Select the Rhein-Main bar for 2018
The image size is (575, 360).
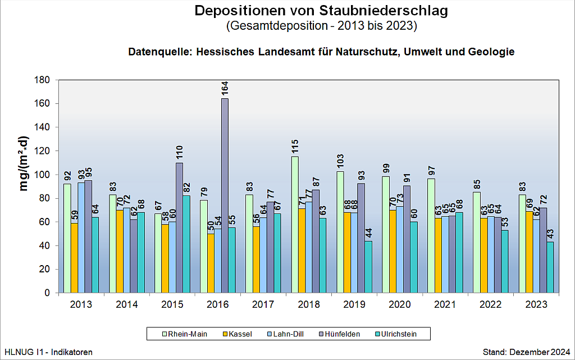click(x=295, y=225)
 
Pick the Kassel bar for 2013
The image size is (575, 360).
click(x=74, y=258)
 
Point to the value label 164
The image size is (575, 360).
click(x=225, y=89)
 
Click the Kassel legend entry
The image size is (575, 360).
click(x=236, y=334)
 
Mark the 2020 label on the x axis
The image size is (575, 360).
click(x=400, y=304)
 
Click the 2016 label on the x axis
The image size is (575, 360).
click(x=218, y=304)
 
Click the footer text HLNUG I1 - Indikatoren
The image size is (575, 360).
click(x=48, y=352)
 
